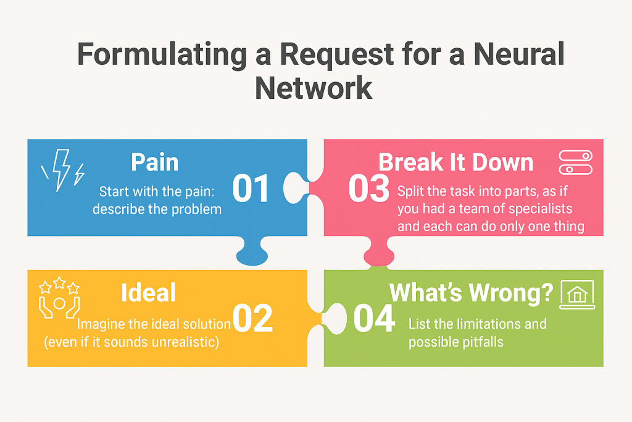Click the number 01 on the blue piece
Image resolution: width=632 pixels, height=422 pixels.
click(x=251, y=189)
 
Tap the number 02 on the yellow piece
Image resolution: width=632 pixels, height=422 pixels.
click(x=254, y=318)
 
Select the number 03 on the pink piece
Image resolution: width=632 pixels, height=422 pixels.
click(x=368, y=189)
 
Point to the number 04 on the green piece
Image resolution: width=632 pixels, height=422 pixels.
click(x=374, y=318)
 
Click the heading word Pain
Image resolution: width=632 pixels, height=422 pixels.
click(x=154, y=162)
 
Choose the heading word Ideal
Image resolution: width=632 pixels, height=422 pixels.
click(x=148, y=292)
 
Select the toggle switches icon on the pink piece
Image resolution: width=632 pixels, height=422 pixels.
click(x=575, y=162)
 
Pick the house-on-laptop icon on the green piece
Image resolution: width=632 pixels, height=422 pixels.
click(x=576, y=295)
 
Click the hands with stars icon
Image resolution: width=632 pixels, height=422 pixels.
click(x=59, y=298)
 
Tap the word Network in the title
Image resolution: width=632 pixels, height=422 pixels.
click(x=314, y=87)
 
